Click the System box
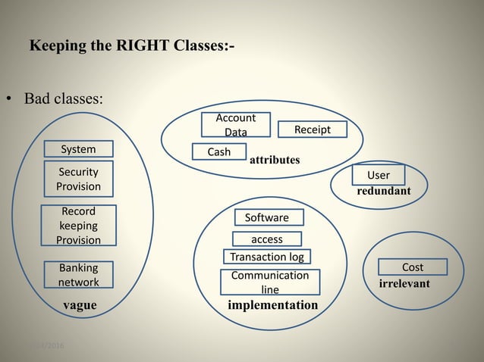point(78,148)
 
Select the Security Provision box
point(78,179)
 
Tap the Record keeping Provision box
point(78,226)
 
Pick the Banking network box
point(78,275)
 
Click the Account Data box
point(235,125)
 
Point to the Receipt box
point(312,130)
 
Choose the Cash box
point(219,151)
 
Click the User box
point(378,175)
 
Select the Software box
point(267,217)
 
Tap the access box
point(266,239)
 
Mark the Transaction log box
point(266,257)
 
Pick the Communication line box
point(270,282)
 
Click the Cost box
point(412,267)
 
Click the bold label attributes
point(275,161)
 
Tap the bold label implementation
point(273,305)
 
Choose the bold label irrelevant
point(404,284)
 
